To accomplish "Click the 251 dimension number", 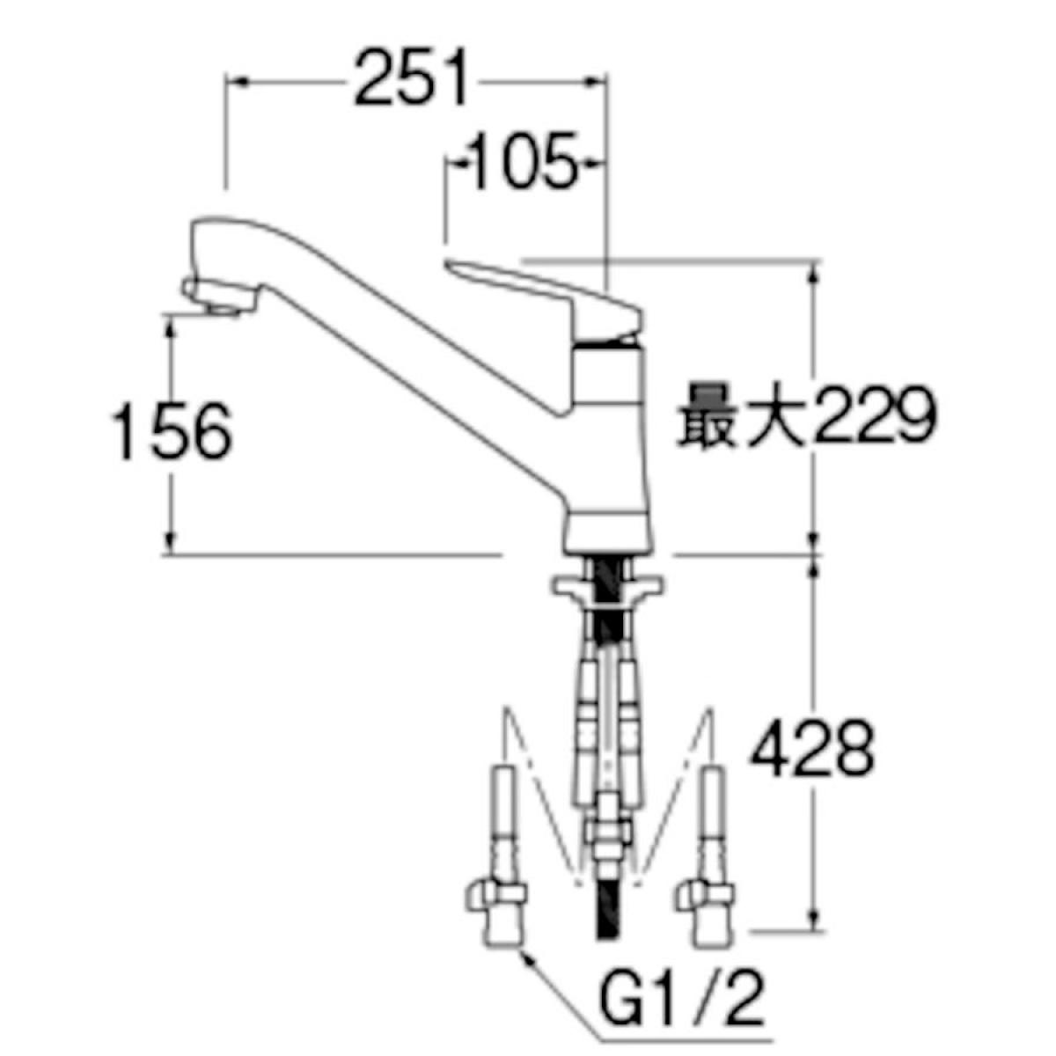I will coord(410,78).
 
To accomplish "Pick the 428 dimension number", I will coord(811,749).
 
